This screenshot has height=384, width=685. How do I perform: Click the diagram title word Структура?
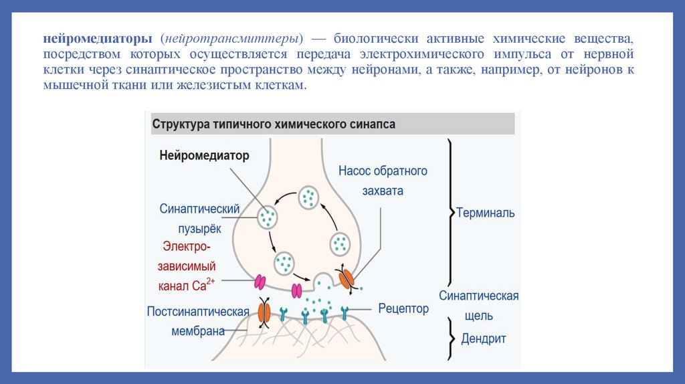180,124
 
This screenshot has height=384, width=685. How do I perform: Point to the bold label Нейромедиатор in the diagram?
204,156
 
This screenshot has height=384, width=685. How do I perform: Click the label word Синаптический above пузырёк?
199,209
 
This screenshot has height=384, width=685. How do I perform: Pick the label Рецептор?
403,309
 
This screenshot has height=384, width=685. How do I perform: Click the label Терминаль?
485,213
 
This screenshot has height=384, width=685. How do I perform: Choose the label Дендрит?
484,339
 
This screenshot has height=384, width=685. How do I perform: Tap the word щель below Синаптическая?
480,316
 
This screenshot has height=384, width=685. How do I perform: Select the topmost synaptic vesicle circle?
308,197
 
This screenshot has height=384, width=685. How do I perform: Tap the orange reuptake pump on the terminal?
348,279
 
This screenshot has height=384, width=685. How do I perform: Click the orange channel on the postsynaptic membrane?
264,313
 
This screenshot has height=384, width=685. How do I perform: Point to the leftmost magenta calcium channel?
259,281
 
